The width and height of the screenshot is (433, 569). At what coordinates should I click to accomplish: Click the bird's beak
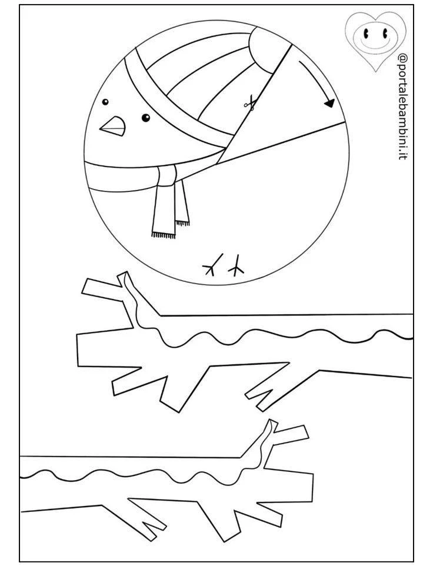pos(114,126)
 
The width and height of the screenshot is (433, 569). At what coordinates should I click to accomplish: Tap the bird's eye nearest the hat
pos(145,117)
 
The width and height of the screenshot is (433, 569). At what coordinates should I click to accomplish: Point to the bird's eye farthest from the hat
pos(105,102)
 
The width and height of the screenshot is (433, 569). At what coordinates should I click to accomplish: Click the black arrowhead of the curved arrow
pos(329,103)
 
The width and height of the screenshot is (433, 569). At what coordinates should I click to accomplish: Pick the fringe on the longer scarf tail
pos(164,235)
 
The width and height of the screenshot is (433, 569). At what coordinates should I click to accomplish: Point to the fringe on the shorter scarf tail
pos(182,223)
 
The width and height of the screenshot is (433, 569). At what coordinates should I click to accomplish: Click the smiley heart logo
pos(375,40)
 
